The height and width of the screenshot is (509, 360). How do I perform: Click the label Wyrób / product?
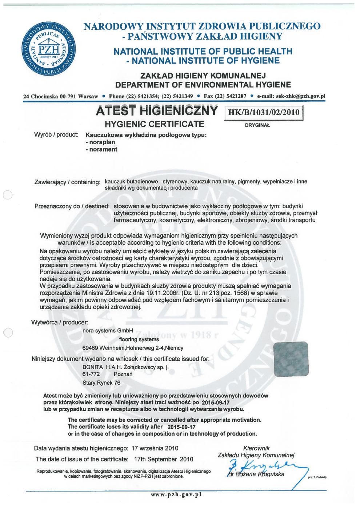56,135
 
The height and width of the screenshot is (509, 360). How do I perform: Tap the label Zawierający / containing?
67,181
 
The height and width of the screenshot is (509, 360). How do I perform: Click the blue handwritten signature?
260,466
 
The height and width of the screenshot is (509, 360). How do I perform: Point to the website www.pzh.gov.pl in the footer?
176,494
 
